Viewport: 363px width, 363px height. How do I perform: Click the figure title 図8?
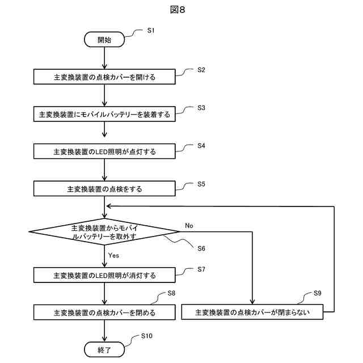tap(178, 10)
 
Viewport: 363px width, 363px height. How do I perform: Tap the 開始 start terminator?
tap(104, 40)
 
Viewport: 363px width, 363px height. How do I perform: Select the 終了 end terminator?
tap(104, 349)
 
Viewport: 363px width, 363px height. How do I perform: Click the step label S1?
tap(151, 30)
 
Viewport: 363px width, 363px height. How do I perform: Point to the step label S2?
tap(201, 70)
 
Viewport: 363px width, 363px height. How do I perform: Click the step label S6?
tap(201, 248)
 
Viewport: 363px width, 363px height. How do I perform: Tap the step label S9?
tap(318, 293)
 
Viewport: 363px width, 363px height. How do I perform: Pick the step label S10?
tap(147, 336)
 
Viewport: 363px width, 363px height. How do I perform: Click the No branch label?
tap(189, 226)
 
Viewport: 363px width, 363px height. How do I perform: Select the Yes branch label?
tap(113, 255)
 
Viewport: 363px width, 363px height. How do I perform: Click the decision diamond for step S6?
tap(104, 231)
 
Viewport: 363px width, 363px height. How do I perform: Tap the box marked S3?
tap(104, 114)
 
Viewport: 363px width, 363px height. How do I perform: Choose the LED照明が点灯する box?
tap(104, 151)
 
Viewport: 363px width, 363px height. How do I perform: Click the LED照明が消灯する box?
tap(104, 275)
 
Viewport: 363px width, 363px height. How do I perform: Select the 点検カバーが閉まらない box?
tap(252, 312)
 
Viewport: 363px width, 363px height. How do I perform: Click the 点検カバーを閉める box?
tap(104, 313)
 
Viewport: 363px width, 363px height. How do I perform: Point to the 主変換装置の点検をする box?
tap(104, 189)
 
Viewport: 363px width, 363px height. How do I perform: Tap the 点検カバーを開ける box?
tap(104, 77)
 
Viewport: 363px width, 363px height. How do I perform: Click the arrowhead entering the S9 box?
tap(252, 302)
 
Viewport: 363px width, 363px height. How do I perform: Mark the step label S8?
tap(171, 293)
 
